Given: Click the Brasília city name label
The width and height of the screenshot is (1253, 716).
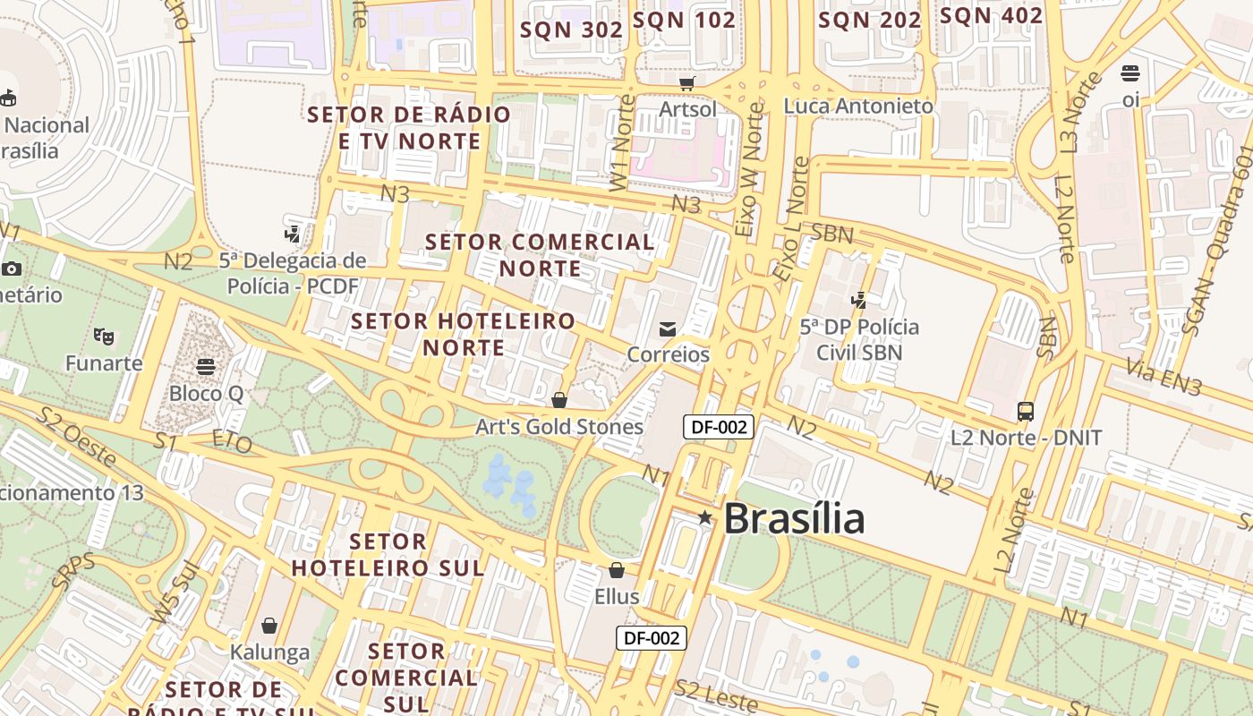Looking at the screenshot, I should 794,518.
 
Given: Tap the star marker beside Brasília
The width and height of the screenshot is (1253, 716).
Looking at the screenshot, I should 705,517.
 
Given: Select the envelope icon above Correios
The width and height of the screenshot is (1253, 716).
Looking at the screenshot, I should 668,329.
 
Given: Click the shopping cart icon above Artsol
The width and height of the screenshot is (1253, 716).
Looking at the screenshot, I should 687,83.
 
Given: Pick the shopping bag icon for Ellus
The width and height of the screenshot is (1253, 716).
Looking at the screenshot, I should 617,570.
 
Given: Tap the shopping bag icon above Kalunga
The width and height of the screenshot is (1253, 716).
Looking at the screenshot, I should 269,626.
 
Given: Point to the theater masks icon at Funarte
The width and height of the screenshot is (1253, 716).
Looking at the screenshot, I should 104,337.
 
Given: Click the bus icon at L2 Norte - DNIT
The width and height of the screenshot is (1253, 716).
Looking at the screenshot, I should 1026,412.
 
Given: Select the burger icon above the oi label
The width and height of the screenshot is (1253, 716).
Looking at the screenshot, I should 1130,73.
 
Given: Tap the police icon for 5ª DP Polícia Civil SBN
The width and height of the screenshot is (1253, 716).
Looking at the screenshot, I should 859,301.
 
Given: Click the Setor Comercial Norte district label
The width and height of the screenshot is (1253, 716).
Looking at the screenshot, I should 540,255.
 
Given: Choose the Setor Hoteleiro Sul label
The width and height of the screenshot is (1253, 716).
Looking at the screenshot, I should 388,554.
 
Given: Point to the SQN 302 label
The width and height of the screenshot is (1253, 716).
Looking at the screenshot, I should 571,29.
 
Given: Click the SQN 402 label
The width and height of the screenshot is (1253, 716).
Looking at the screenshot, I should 991,15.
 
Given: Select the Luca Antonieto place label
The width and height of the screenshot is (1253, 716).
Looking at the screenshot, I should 858,106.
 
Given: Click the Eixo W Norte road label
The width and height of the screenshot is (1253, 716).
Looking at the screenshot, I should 750,170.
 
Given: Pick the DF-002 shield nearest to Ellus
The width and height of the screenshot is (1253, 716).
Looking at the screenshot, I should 652,638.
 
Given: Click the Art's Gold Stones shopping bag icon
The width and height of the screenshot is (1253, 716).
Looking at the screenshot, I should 559,400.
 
